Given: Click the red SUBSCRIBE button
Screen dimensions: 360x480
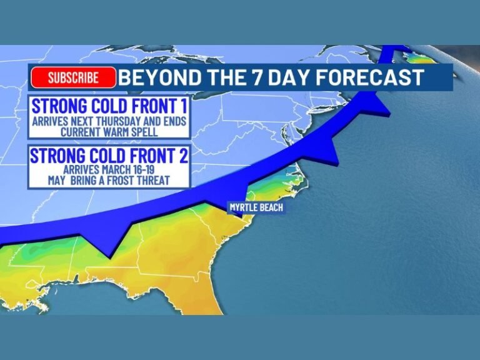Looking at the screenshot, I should tap(73, 77).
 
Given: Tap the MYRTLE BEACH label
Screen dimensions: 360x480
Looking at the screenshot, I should tap(256, 207).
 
